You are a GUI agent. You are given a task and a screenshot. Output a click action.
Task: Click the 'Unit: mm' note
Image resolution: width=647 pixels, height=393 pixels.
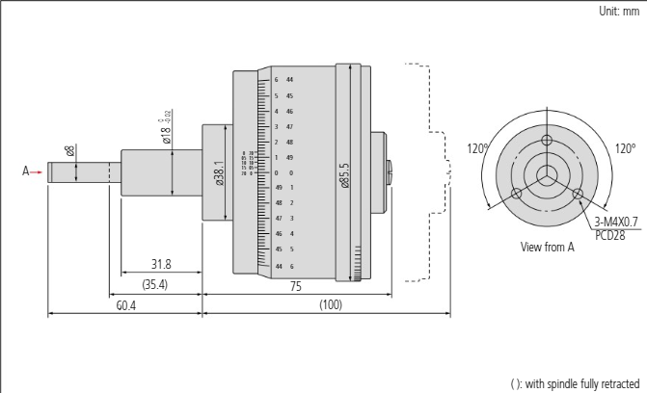click(x=618, y=10)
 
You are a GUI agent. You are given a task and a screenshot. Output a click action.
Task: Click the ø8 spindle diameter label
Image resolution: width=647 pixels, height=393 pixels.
click(x=69, y=151)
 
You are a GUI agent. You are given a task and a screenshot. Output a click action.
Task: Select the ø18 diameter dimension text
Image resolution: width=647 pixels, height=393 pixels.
click(x=167, y=129)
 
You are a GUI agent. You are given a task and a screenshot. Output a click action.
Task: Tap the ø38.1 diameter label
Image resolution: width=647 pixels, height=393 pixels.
click(x=221, y=174)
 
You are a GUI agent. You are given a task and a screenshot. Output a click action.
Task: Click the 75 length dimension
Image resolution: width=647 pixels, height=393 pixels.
click(x=296, y=286)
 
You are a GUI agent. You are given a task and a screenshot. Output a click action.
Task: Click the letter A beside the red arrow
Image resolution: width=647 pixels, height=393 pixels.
click(x=26, y=172)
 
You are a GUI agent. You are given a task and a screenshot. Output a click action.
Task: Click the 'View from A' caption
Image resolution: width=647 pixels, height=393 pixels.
click(x=547, y=248)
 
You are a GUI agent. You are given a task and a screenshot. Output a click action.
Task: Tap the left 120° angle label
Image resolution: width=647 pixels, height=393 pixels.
click(x=479, y=149)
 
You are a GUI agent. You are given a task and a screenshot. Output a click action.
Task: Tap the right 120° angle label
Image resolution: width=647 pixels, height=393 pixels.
click(x=626, y=149)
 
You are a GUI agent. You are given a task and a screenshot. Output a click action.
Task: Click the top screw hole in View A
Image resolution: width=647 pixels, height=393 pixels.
click(x=547, y=141)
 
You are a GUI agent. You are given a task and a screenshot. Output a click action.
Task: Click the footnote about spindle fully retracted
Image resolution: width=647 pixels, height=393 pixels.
click(x=574, y=383)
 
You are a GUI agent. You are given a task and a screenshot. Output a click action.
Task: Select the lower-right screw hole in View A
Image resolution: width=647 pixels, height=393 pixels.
click(x=577, y=193)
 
